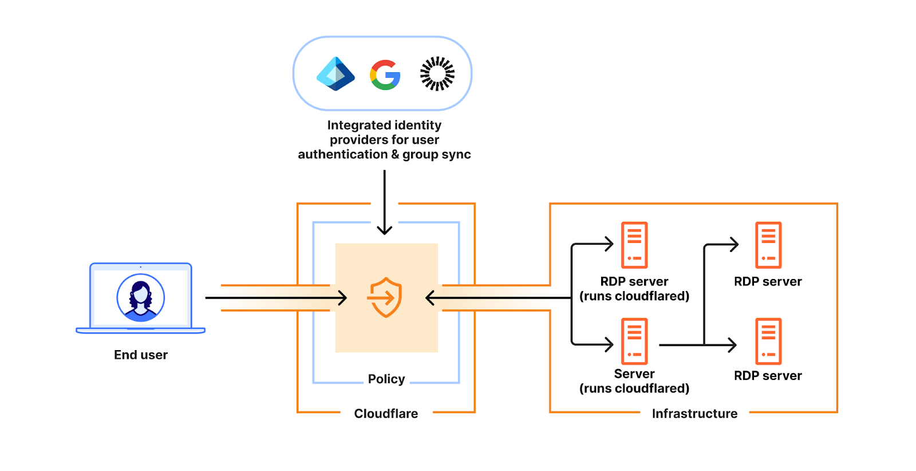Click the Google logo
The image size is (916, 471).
[385, 74]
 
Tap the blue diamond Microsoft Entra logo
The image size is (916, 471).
[335, 74]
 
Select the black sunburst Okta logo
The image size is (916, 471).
[437, 74]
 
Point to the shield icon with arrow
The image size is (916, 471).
[385, 297]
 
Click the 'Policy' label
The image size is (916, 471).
[386, 379]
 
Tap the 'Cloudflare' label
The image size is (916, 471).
[386, 413]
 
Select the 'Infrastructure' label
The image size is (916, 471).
[695, 413]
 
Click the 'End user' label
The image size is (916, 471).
[141, 355]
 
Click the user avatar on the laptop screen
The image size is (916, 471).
[141, 297]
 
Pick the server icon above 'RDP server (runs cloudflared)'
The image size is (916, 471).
[634, 245]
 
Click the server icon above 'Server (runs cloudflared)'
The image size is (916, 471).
[634, 342]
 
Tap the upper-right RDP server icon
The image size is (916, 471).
[768, 245]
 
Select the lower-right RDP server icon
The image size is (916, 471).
[768, 342]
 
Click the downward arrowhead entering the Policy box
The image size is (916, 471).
[384, 230]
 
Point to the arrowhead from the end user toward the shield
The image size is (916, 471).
[343, 298]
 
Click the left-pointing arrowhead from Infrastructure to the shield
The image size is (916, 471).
[430, 298]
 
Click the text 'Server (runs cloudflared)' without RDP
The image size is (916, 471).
[634, 381]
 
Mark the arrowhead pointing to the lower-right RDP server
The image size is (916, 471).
[732, 345]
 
